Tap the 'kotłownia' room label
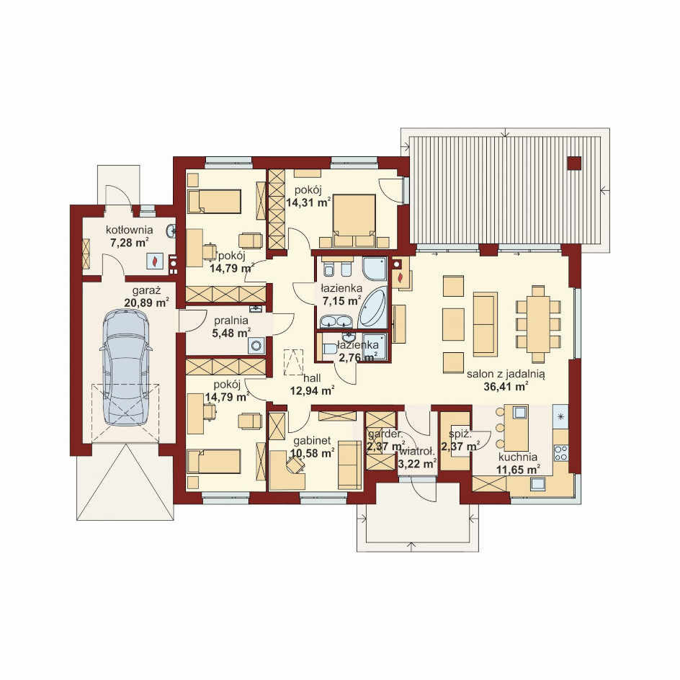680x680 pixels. click(x=130, y=229)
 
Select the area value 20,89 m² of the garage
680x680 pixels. click(x=146, y=303)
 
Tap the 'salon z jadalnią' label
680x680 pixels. click(x=506, y=374)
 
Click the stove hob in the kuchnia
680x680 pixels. click(x=561, y=452)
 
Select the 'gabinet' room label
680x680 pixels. click(x=312, y=441)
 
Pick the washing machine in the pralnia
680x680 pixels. click(x=258, y=346)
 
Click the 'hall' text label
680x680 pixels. click(x=312, y=379)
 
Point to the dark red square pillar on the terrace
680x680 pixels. click(x=574, y=163)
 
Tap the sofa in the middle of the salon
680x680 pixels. click(x=486, y=324)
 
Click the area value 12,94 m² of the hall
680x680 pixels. click(x=312, y=391)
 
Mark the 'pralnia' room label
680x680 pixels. click(x=231, y=321)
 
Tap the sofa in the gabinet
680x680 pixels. click(x=349, y=465)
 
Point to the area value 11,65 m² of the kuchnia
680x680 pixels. click(x=518, y=469)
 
